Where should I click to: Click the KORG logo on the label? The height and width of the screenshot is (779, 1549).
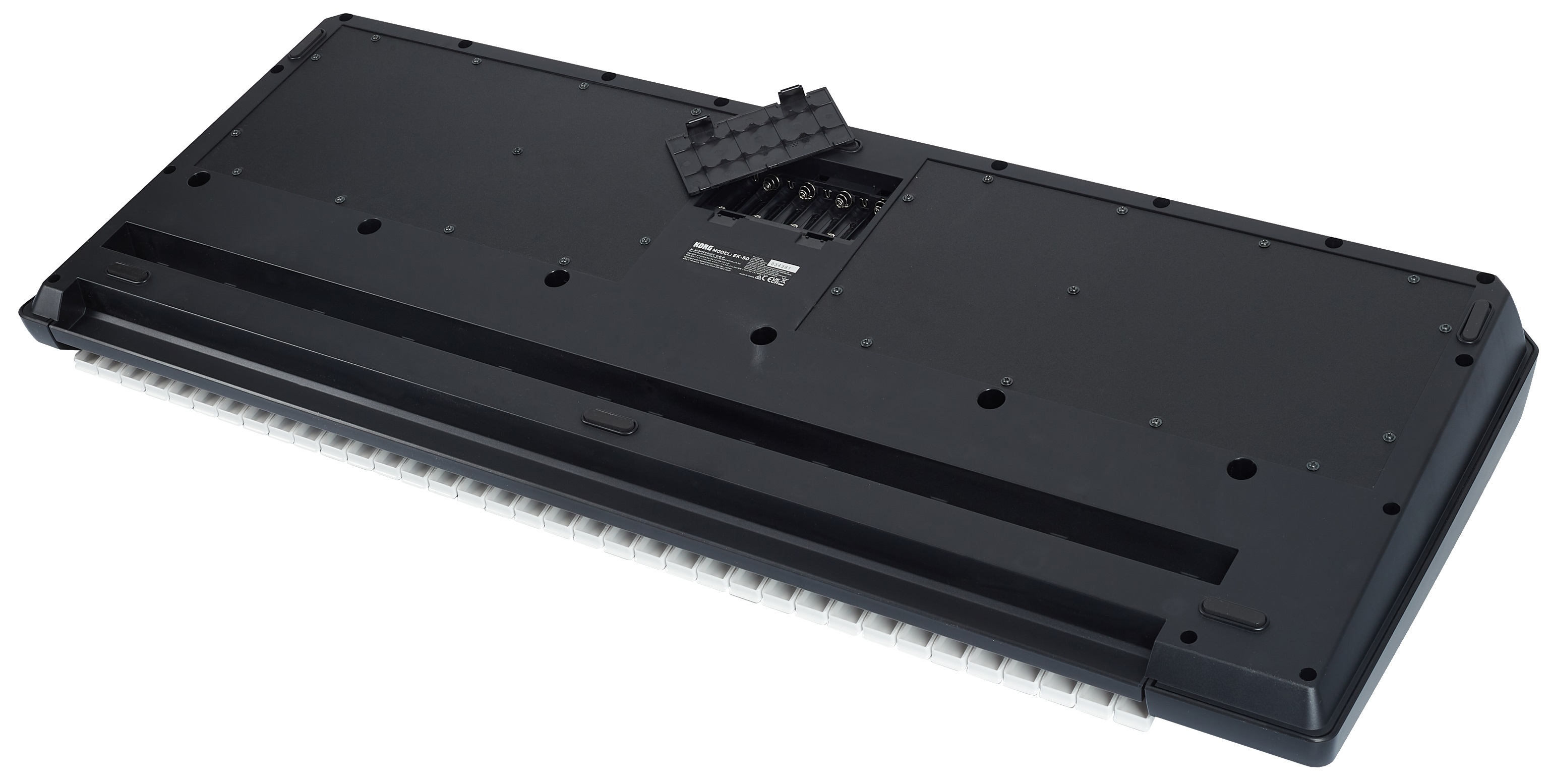703,247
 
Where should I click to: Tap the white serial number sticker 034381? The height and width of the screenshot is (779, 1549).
783,266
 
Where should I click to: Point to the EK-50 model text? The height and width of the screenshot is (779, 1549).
741,257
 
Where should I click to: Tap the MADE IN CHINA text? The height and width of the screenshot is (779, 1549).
747,276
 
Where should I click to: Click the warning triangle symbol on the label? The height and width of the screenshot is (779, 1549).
759,277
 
